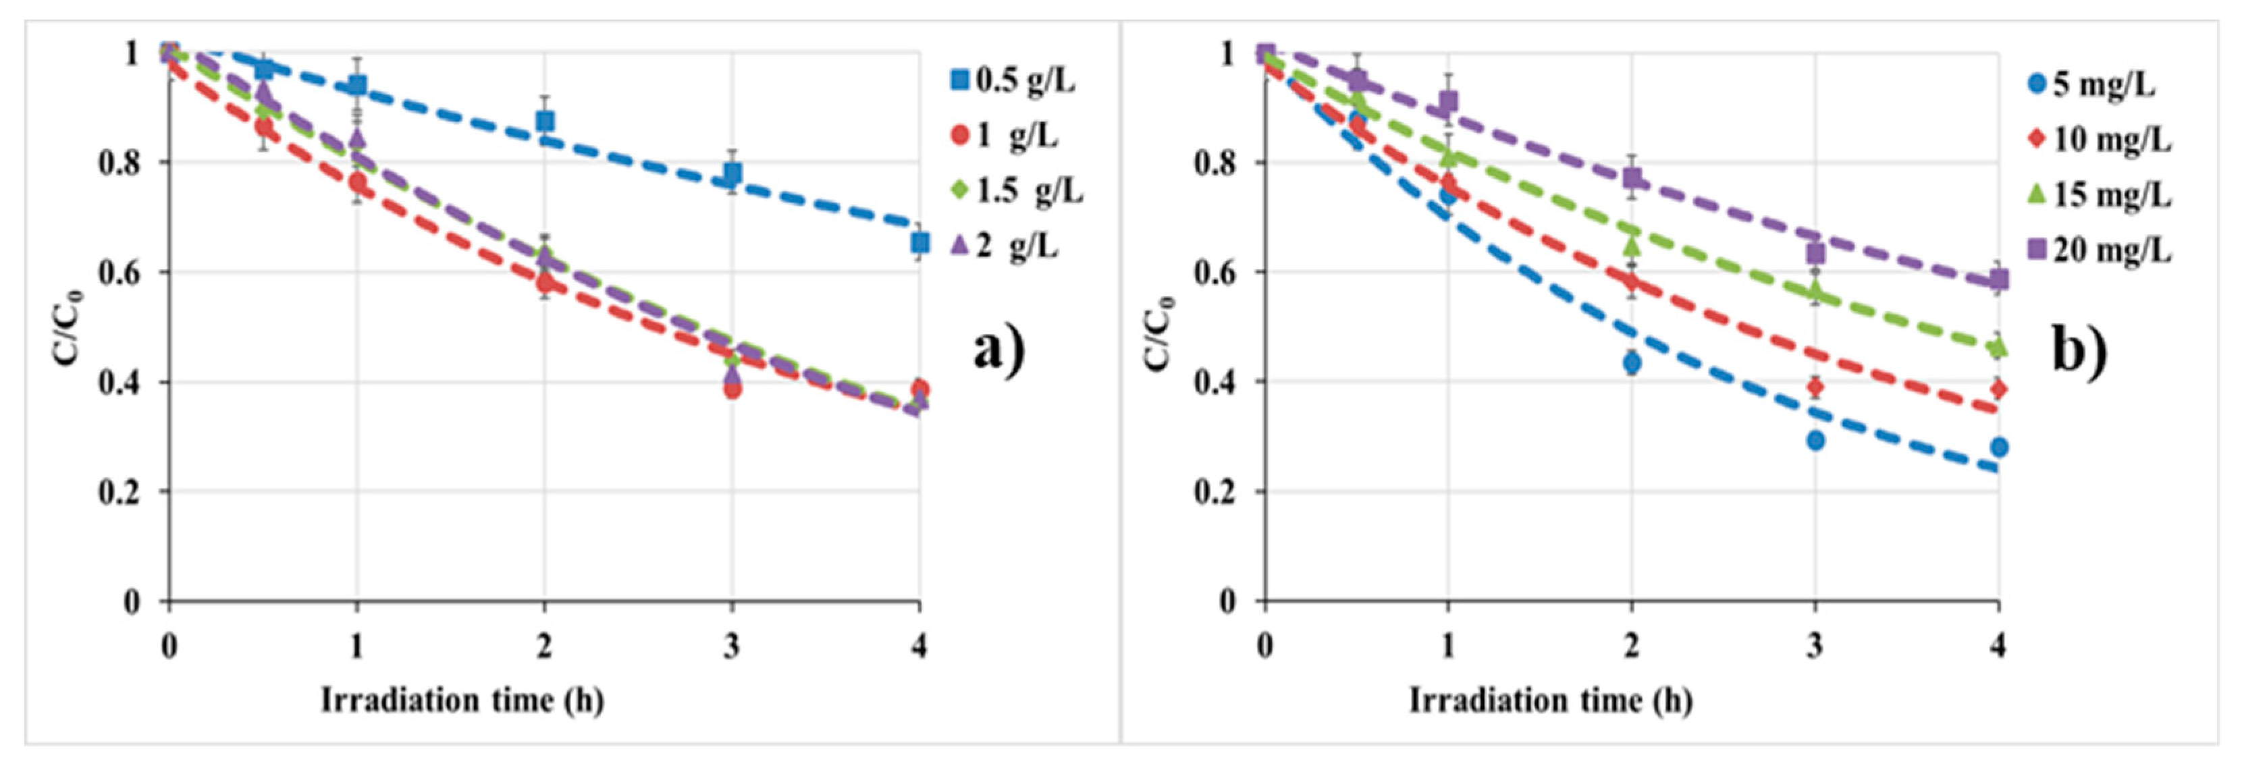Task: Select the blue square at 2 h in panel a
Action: click(x=545, y=121)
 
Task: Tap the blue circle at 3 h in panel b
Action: click(x=1815, y=441)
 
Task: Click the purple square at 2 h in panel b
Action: click(x=1632, y=177)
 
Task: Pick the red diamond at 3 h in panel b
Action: click(x=1815, y=387)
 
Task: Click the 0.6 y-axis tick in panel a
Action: click(x=121, y=273)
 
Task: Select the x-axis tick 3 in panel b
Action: click(x=1815, y=646)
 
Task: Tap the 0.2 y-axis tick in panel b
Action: click(x=1215, y=492)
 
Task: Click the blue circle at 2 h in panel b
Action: click(x=1632, y=362)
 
